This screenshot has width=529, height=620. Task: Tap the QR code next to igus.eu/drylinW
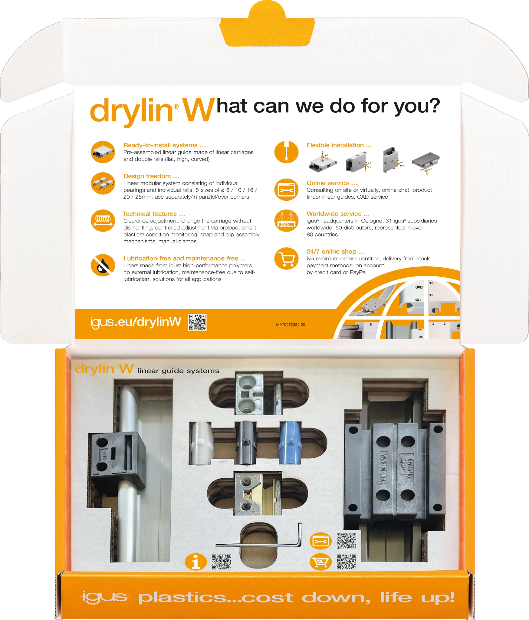click(x=197, y=322)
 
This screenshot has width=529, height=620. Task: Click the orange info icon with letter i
click(x=196, y=562)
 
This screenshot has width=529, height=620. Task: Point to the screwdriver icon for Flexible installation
click(x=286, y=152)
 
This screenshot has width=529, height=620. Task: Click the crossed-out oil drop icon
click(x=103, y=265)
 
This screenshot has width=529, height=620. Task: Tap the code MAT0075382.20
click(x=291, y=325)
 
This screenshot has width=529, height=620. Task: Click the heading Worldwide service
click(x=337, y=214)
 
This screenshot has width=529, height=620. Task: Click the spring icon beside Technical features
click(x=103, y=221)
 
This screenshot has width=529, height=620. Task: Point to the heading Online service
click(x=332, y=183)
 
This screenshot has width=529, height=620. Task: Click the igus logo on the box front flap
click(x=105, y=597)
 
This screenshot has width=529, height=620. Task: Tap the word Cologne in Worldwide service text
click(x=371, y=221)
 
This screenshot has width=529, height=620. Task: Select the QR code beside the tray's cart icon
click(x=346, y=562)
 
